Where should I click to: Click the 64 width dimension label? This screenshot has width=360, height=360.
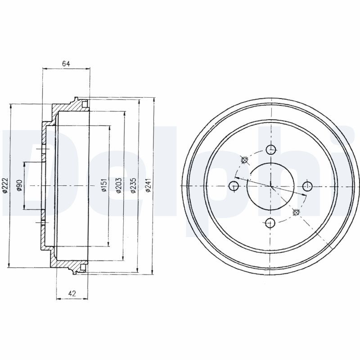click(66, 64)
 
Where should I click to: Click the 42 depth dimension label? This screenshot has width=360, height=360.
click(72, 293)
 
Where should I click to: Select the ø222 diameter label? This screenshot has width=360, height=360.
click(5, 185)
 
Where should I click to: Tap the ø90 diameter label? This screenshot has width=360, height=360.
click(19, 185)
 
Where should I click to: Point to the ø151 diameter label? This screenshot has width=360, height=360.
click(103, 185)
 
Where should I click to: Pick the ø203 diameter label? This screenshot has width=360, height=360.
click(118, 185)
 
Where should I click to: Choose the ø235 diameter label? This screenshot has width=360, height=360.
click(133, 185)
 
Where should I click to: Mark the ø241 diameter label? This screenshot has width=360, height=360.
click(148, 185)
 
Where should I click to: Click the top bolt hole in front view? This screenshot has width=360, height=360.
click(270, 149)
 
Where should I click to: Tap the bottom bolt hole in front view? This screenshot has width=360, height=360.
click(270, 222)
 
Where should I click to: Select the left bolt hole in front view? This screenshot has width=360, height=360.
click(234, 185)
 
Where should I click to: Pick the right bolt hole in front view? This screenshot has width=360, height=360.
click(307, 185)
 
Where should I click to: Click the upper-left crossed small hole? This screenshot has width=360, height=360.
click(245, 160)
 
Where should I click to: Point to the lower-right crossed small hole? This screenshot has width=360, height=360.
click(296, 212)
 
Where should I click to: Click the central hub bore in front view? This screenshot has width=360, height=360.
click(270, 185)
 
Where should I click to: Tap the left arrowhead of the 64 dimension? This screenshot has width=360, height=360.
click(44, 69)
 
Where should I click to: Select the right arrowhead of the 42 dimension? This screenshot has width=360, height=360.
click(88, 298)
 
